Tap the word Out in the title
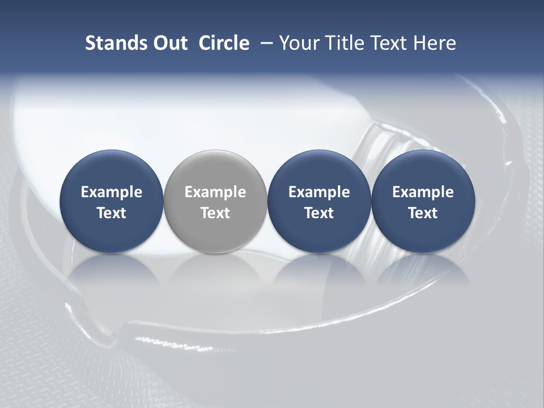[168, 43]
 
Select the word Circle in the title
[224, 43]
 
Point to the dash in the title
[265, 43]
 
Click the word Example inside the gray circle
[215, 192]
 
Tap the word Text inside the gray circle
[215, 213]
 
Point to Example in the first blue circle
[111, 192]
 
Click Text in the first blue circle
[111, 213]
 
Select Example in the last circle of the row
[423, 192]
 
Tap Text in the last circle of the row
[423, 213]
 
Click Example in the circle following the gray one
[319, 192]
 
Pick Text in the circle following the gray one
[319, 213]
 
